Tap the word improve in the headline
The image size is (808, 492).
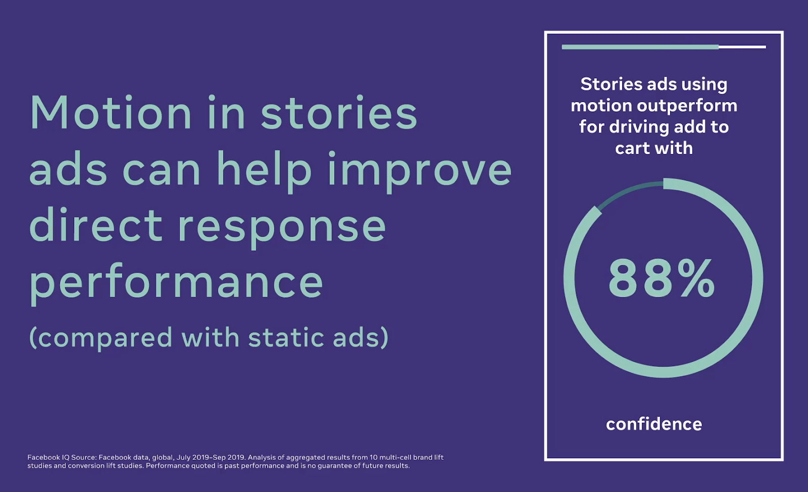[420, 171]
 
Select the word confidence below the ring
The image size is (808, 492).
[654, 424]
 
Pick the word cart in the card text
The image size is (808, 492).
[631, 149]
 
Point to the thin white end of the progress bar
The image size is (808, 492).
[742, 47]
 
